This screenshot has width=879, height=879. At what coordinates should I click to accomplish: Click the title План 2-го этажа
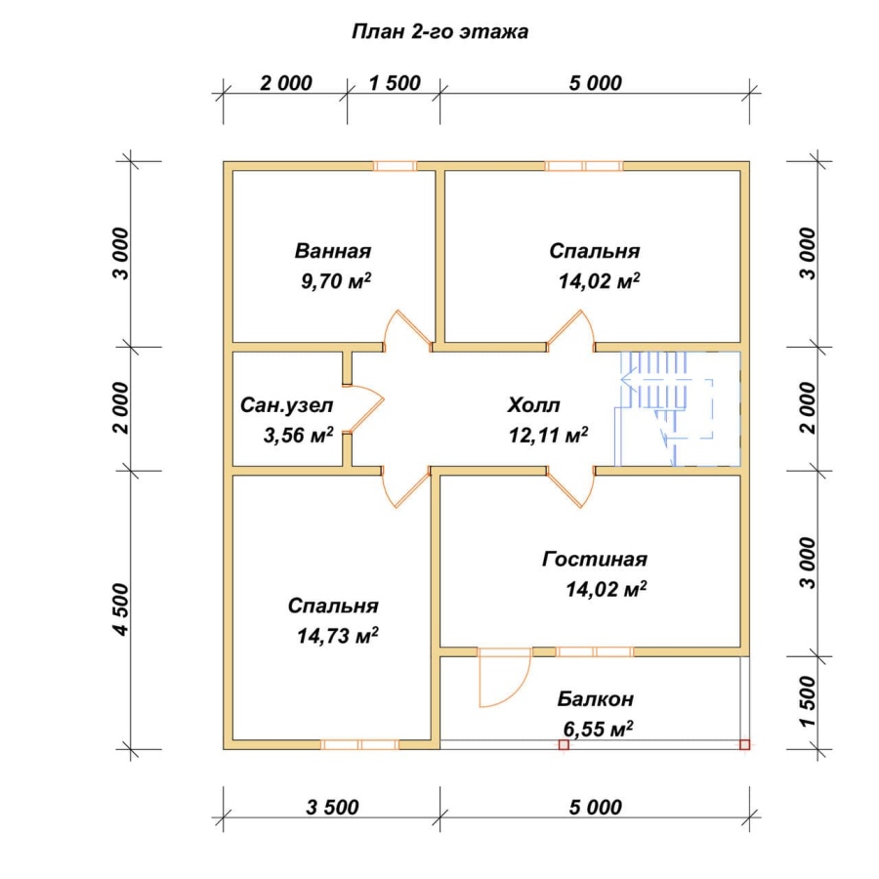pyautogui.click(x=440, y=32)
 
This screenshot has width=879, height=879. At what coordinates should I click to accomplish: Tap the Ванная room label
pyautogui.click(x=333, y=251)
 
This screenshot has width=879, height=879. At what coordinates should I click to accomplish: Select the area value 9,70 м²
pyautogui.click(x=336, y=280)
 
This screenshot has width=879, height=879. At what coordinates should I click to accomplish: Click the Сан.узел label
pyautogui.click(x=286, y=405)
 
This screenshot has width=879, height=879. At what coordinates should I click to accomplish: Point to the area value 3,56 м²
pyautogui.click(x=298, y=435)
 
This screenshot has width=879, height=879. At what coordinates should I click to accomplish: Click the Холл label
pyautogui.click(x=533, y=404)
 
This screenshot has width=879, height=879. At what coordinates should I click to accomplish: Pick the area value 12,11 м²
pyautogui.click(x=548, y=435)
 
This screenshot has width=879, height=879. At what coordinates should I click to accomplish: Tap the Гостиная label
pyautogui.click(x=595, y=559)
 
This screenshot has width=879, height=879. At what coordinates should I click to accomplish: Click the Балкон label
pyautogui.click(x=596, y=699)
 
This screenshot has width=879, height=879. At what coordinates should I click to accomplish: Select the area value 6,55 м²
pyautogui.click(x=598, y=729)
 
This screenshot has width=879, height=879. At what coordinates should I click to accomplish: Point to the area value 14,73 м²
pyautogui.click(x=338, y=636)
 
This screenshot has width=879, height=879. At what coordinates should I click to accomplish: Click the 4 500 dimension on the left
pyautogui.click(x=121, y=609)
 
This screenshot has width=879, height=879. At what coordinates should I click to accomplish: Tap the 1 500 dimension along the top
pyautogui.click(x=395, y=83)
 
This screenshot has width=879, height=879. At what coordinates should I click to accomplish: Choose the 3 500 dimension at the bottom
pyautogui.click(x=332, y=808)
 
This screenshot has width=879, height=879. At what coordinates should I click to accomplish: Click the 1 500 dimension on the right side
pyautogui.click(x=808, y=702)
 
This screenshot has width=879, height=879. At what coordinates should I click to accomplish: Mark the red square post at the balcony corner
pyautogui.click(x=744, y=744)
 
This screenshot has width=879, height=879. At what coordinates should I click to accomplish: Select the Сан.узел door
pyautogui.click(x=365, y=409)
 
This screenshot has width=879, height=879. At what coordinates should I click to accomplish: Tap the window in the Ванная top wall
pyautogui.click(x=395, y=166)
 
